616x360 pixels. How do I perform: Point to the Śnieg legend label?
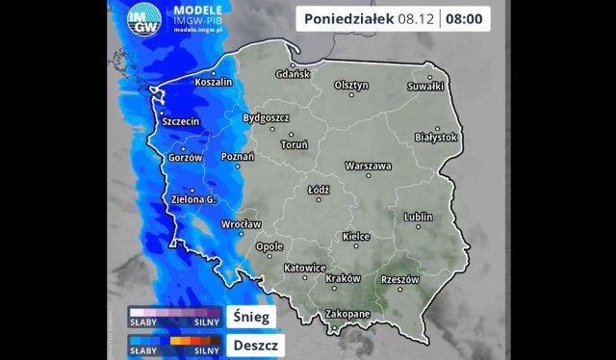point(252,316)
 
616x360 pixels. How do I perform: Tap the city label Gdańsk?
point(293,74)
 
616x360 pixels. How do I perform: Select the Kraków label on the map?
point(343,278)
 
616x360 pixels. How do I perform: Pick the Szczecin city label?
point(181,122)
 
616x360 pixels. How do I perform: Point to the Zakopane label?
point(346,315)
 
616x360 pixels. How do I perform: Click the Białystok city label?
point(435,138)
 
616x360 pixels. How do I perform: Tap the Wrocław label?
point(241,224)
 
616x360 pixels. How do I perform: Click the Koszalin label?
point(214,83)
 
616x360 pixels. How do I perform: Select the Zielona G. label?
point(193,199)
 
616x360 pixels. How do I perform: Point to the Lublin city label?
point(419,217)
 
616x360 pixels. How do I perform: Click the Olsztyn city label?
point(351,85)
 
